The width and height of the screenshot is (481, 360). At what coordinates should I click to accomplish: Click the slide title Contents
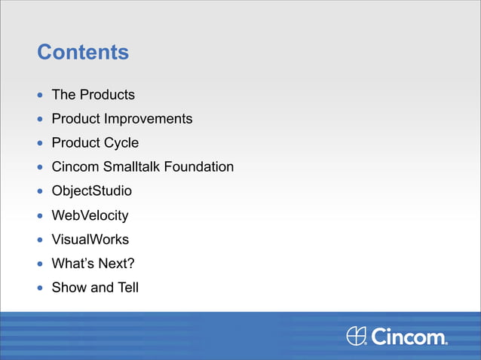coord(83,53)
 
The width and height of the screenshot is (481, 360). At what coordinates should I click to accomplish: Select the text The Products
coord(93,95)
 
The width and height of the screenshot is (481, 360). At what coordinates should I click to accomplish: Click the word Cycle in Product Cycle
coord(121,143)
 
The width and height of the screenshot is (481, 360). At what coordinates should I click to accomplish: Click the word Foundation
coord(199,167)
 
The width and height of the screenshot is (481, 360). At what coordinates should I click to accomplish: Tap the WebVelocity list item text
coord(90,215)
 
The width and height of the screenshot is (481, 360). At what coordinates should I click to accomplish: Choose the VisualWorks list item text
coord(90,239)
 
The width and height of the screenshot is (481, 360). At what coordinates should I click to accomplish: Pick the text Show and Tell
coord(95,288)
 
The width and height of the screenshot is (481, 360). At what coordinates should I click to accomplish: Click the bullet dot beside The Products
coord(41,96)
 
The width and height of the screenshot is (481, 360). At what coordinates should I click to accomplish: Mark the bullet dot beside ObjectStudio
coord(41,192)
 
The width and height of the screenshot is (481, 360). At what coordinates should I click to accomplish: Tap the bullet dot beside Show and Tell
coord(41,288)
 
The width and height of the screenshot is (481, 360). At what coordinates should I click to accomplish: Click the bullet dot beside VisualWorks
coord(41,240)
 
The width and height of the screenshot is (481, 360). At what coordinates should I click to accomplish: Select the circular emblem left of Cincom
coord(357,336)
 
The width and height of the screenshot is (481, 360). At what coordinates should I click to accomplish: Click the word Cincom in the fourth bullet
coord(75,167)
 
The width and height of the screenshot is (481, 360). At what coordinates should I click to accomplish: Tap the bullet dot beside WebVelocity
coord(41,216)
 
